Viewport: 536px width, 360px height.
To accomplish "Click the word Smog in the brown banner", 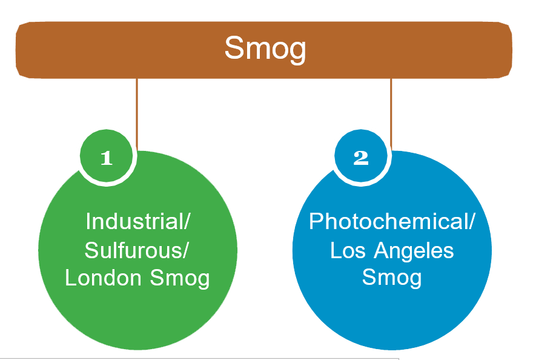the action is (x=265, y=49).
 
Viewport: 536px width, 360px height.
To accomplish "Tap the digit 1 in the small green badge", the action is (x=107, y=158).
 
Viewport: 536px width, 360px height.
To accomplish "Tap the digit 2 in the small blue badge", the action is (x=361, y=158).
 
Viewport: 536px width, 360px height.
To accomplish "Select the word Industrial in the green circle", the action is (x=134, y=221).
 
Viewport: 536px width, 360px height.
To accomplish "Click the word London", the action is (x=103, y=278).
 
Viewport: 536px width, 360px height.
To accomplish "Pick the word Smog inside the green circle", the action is (x=179, y=279).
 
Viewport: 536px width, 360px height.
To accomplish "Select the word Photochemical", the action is (x=389, y=221).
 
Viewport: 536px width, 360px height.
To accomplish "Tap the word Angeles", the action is (x=414, y=252).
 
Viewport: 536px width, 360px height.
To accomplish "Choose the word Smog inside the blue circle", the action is (x=392, y=278).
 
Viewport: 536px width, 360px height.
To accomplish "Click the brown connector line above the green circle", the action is (x=137, y=115).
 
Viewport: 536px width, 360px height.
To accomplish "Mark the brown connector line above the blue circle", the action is (x=391, y=115).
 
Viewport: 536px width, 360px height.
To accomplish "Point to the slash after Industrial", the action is (x=187, y=221).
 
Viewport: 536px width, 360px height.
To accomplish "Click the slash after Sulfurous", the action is (x=184, y=250).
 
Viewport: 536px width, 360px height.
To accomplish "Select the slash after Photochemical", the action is (x=472, y=221).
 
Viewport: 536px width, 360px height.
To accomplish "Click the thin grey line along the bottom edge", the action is (x=199, y=359).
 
